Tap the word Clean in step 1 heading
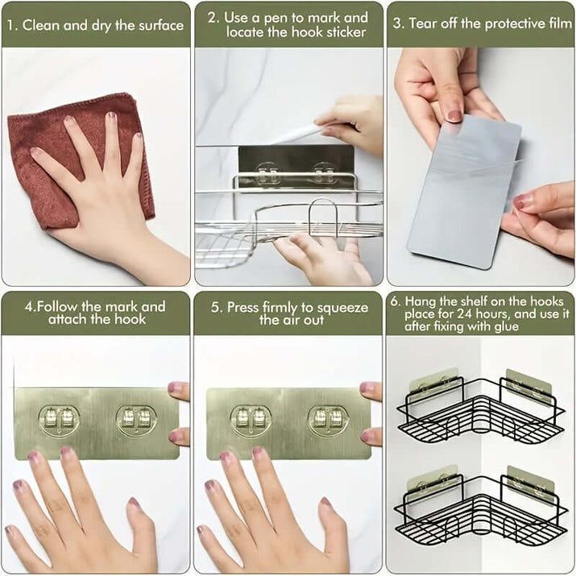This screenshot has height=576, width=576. coord(41,25)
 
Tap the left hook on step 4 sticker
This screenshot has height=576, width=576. coord(59,418)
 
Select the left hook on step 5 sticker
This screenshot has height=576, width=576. coord(251,418)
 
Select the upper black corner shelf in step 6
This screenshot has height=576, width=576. coord(479,407)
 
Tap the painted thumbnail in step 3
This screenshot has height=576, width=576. coord(454,115)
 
